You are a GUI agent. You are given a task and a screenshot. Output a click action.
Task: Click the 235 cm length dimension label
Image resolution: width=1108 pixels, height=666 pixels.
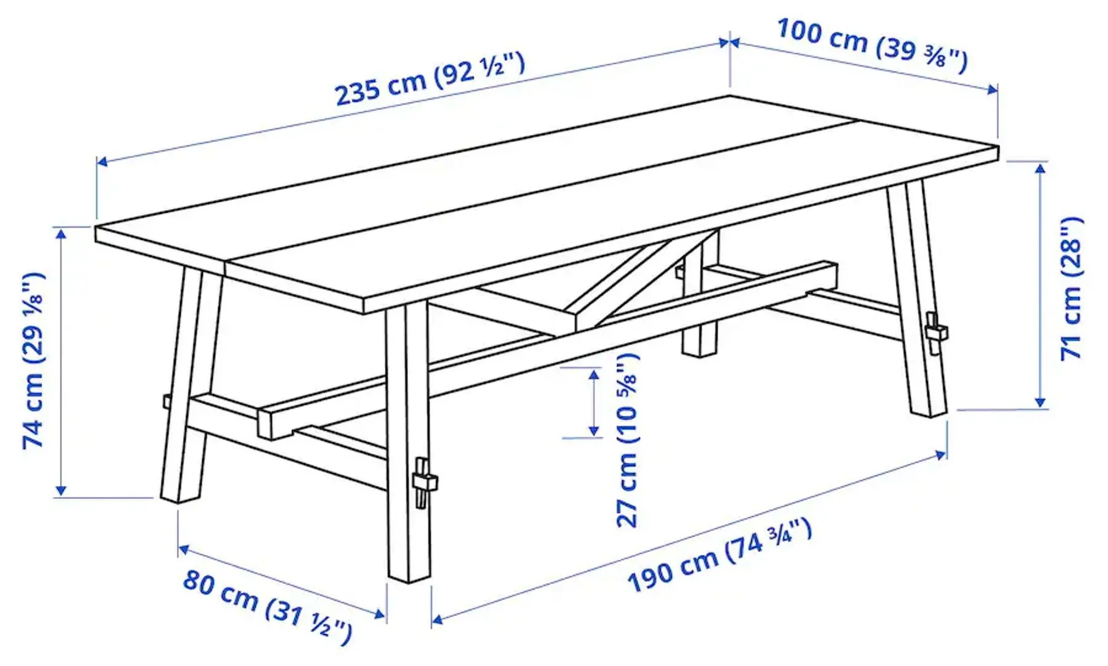[430, 79]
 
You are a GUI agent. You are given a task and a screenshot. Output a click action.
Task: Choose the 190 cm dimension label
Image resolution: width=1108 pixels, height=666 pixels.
[719, 556]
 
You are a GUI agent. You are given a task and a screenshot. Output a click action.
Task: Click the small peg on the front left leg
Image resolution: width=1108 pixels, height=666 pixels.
[166, 401]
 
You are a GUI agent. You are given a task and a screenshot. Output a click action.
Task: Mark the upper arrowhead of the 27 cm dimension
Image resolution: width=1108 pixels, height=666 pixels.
[594, 374]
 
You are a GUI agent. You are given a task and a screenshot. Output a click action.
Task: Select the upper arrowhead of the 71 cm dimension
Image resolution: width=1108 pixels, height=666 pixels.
[1041, 168]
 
